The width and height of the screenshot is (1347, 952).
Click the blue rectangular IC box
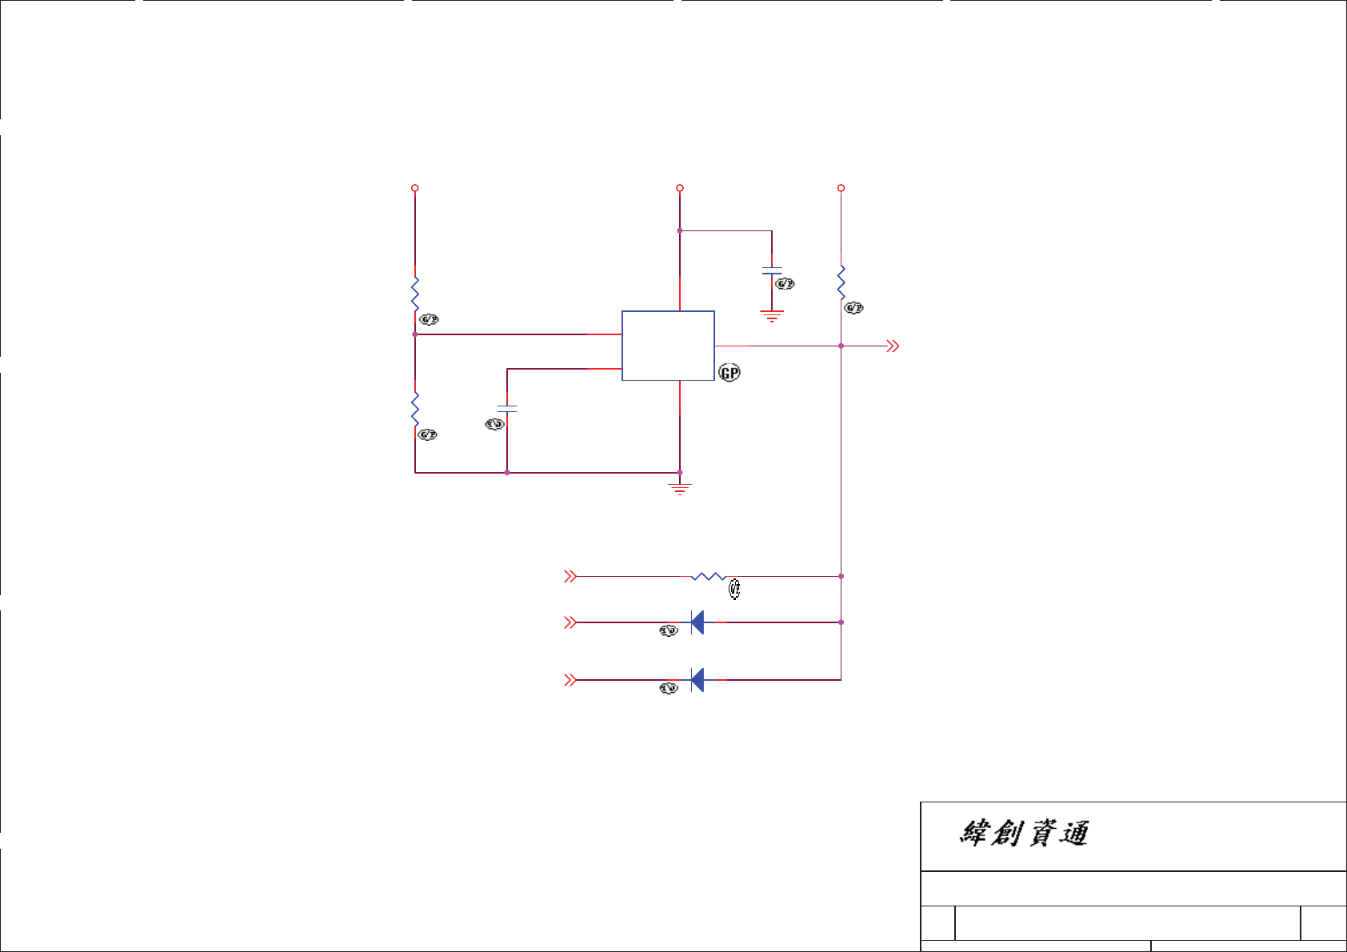(x=668, y=346)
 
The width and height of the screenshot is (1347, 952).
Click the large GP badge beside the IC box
(x=729, y=373)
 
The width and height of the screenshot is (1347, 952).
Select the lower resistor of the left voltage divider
(x=415, y=408)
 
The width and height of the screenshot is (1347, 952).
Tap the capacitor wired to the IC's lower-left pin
(x=507, y=409)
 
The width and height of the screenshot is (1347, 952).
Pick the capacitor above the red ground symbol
(x=772, y=270)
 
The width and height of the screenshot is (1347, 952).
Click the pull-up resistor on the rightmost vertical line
(x=841, y=282)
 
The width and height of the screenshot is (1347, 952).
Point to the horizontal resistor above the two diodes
(x=708, y=576)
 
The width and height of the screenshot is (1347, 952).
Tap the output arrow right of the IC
(x=893, y=346)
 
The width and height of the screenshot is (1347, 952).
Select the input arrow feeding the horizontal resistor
(x=570, y=576)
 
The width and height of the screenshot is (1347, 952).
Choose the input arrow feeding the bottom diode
(x=570, y=680)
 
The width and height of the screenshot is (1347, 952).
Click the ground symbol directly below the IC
(x=680, y=488)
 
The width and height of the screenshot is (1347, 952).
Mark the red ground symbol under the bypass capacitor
(x=772, y=315)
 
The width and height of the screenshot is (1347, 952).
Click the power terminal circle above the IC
(x=680, y=188)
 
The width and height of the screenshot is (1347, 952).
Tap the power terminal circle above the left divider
(x=415, y=188)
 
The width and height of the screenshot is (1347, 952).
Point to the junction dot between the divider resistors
(x=415, y=334)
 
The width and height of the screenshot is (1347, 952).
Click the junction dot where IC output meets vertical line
(x=841, y=346)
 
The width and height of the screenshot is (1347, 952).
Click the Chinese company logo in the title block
(x=1024, y=834)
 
